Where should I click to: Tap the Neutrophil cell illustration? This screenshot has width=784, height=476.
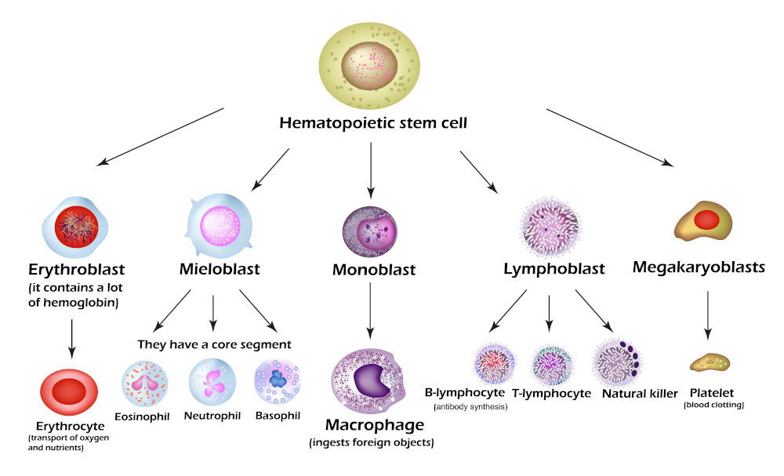[212, 381]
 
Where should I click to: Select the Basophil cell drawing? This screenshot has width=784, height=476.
[278, 380]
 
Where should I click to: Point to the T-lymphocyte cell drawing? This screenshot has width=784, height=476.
[554, 365]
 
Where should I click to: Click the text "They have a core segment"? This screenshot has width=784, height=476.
[214, 343]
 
